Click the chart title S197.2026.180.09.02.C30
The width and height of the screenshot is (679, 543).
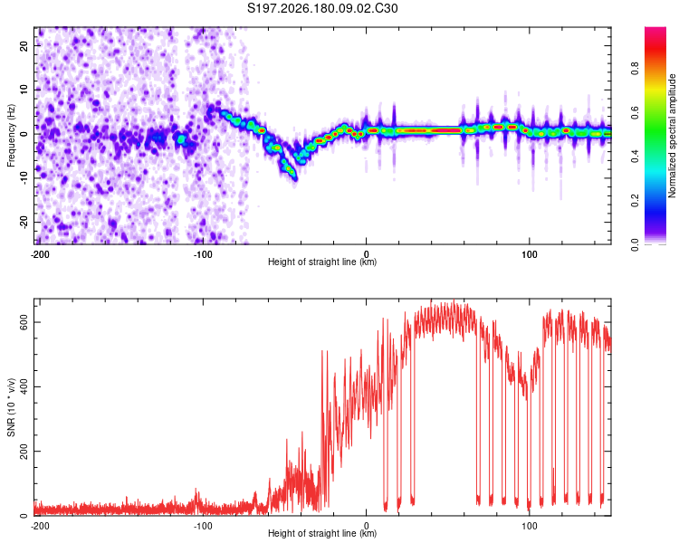coord(322,8)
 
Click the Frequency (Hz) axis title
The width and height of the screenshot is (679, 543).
coord(11,136)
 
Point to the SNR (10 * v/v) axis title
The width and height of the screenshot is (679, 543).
coord(11,407)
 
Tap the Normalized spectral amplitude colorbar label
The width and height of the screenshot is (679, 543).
coord(672,136)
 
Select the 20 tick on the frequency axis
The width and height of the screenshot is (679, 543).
coord(24,45)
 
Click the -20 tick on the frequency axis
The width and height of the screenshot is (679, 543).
coord(24,222)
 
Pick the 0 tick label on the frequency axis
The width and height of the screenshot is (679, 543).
coord(24,134)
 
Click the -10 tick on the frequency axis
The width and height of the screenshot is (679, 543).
coord(24,178)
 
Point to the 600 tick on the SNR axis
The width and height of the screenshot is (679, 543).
coord(24,322)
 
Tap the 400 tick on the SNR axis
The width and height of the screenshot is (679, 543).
coord(24,386)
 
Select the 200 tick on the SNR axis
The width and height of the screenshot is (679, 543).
coord(24,452)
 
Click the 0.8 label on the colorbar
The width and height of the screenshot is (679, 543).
coord(635,69)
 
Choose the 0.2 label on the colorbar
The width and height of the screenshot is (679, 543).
coord(635,201)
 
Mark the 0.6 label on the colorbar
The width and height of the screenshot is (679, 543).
coord(635,112)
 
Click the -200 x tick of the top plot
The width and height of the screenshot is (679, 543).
coord(40,254)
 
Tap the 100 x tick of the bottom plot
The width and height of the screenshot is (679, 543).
coord(530,526)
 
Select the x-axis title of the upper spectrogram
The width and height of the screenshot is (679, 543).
coord(322,262)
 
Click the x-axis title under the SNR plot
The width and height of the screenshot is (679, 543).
coord(322,533)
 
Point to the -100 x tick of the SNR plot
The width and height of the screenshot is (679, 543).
coord(203,526)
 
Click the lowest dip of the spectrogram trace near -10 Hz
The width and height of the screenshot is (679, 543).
coord(294,178)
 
